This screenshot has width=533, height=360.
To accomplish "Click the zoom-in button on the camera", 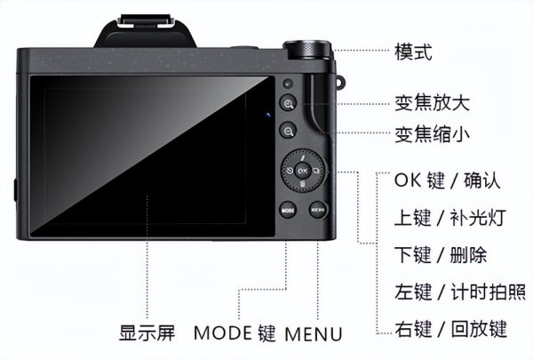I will tap(289, 104).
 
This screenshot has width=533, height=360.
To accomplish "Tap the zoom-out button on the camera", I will tap(289, 132).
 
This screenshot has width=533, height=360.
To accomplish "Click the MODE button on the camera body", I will tap(287, 211).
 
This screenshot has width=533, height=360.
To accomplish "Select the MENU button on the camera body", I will tap(318, 211).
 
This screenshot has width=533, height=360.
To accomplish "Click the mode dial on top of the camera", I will tap(306, 50).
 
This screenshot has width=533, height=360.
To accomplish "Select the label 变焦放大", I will tap(432, 101).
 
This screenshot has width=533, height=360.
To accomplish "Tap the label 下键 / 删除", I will tap(441, 255).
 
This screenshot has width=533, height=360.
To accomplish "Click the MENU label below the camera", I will tap(313, 335).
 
